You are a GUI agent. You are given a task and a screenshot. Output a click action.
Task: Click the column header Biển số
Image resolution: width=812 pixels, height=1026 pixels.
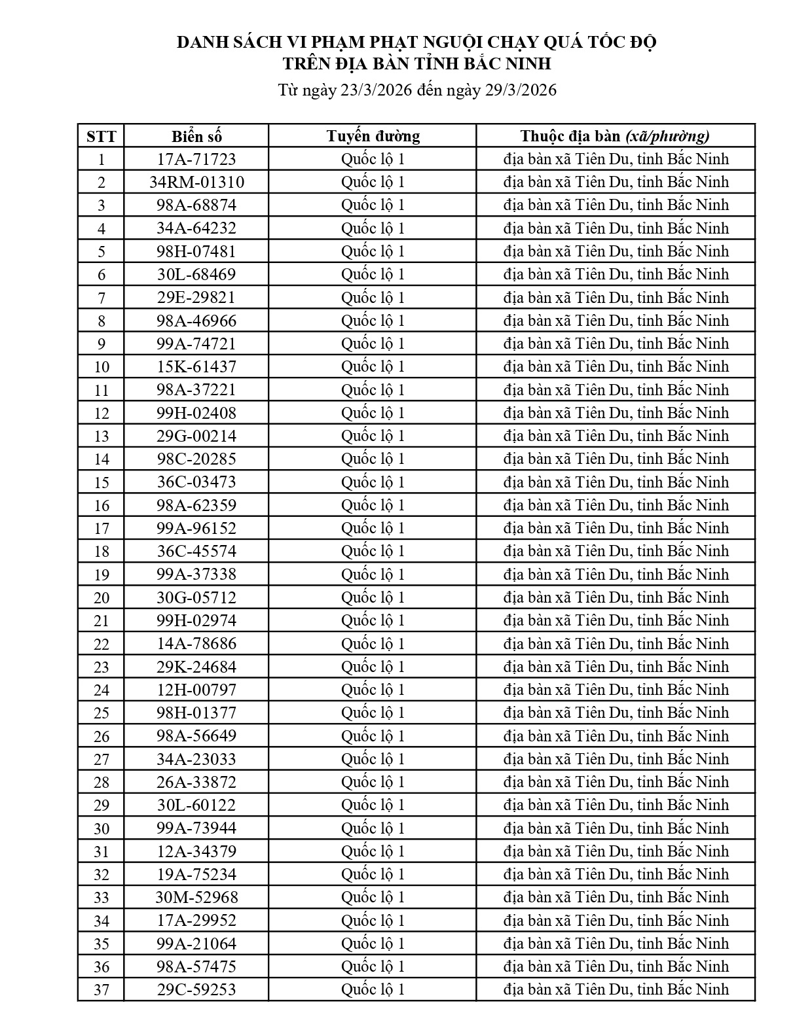(x=196, y=136)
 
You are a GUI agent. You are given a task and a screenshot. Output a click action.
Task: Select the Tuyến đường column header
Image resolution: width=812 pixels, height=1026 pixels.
(x=373, y=136)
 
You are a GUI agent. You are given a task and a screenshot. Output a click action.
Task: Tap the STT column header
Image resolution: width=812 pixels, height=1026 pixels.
(x=101, y=137)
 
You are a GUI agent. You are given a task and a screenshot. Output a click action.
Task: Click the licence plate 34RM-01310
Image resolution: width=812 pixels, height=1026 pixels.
(x=196, y=182)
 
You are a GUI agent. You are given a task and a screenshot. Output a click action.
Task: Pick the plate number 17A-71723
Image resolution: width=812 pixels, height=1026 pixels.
(x=196, y=159)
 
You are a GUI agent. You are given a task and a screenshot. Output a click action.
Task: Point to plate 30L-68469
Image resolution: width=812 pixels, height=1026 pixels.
(x=196, y=274)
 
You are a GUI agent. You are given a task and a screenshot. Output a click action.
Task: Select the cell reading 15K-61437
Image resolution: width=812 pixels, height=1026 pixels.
(x=196, y=366)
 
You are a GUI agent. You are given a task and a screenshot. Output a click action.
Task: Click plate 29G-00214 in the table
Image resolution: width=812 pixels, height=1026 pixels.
(x=196, y=436)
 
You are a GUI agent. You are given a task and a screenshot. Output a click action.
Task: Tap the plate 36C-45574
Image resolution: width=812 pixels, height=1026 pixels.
(x=196, y=551)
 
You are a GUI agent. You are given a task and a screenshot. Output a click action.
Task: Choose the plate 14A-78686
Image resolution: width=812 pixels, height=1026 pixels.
(x=196, y=643)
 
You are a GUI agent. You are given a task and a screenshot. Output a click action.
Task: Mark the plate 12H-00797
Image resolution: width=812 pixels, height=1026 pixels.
(x=196, y=690)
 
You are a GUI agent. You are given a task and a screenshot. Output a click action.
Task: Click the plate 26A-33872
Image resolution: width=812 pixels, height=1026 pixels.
(x=196, y=782)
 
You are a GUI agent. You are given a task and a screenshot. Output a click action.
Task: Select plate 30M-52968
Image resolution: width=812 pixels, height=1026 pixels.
(x=196, y=897)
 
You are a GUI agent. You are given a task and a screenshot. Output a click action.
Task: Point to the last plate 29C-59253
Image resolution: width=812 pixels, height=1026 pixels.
(x=196, y=989)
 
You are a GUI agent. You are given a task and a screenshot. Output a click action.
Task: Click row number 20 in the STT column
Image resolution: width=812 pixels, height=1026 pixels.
(x=101, y=597)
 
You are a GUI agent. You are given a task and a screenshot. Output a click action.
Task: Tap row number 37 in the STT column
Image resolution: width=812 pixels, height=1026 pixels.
(x=101, y=990)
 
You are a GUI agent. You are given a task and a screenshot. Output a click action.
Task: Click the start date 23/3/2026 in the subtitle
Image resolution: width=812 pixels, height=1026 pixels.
(x=376, y=90)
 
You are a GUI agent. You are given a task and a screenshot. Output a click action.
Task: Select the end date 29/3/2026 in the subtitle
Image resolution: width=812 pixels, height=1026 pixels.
(x=521, y=90)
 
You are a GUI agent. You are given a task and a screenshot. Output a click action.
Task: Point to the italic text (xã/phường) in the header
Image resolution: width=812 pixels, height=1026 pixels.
(x=667, y=136)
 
